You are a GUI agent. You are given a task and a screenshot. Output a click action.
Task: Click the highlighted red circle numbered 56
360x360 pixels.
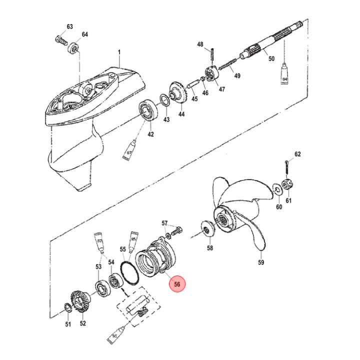(x=177, y=284)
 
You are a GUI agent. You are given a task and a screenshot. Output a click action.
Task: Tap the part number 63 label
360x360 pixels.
(x=70, y=26)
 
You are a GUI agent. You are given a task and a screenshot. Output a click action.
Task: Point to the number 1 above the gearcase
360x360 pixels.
(x=119, y=52)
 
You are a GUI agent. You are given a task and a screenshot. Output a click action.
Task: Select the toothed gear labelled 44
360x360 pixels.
(x=178, y=92)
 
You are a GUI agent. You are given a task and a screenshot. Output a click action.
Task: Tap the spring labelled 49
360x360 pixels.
(x=227, y=64)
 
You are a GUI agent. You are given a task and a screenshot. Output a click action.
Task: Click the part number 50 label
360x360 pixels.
(x=271, y=58)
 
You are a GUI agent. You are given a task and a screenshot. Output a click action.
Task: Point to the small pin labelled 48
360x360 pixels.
(x=212, y=53)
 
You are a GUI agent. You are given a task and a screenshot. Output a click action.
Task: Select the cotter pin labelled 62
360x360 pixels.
(x=287, y=167)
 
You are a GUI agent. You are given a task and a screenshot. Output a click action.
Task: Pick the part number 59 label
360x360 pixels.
(x=261, y=262)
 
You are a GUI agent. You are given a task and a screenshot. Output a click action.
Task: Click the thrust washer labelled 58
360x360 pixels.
(x=208, y=228)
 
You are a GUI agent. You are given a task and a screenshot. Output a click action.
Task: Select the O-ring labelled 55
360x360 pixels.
(x=129, y=272)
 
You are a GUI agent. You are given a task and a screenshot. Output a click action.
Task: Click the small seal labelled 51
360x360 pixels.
(x=67, y=307)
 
